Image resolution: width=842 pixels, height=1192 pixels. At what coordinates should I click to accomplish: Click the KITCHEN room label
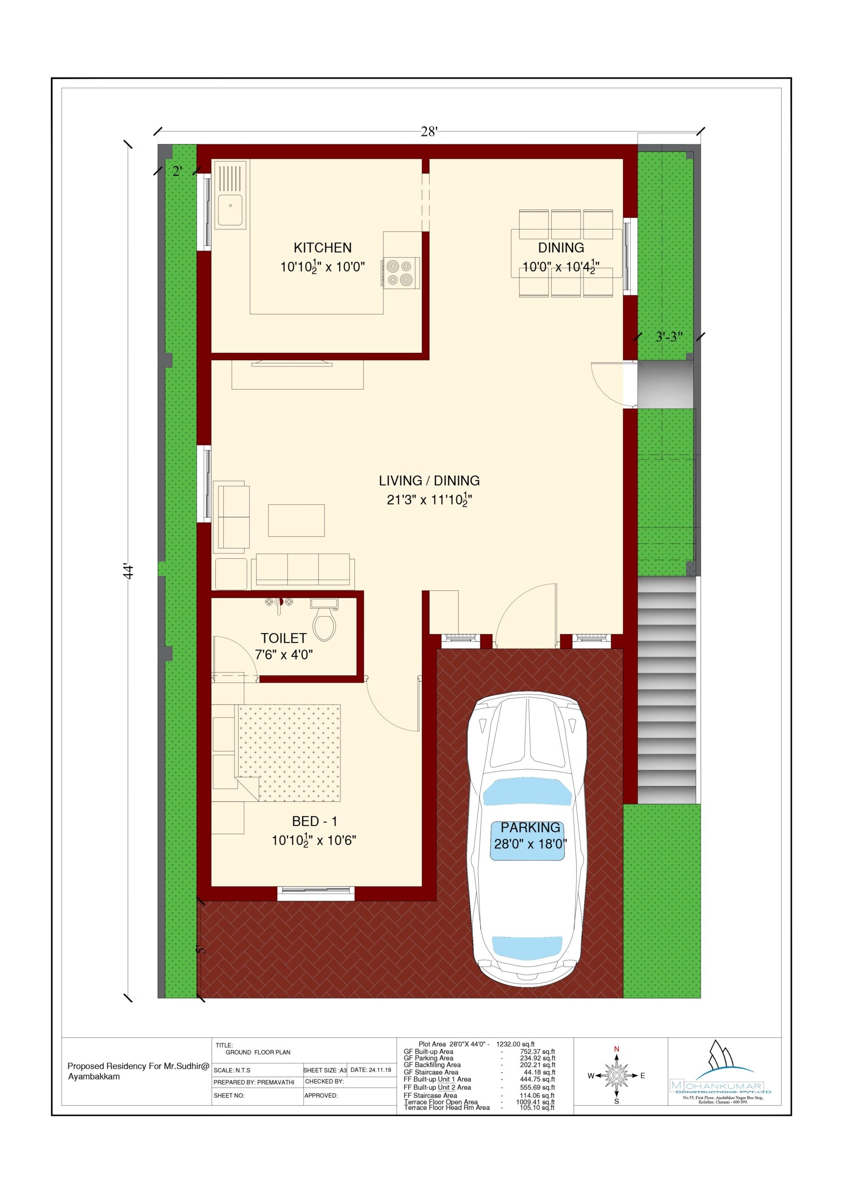tap(322, 248)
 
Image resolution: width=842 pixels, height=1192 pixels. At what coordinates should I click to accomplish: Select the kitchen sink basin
tap(230, 210)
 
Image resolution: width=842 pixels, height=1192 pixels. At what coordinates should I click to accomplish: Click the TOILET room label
tap(283, 638)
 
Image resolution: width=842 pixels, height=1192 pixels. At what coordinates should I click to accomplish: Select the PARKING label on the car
tap(530, 827)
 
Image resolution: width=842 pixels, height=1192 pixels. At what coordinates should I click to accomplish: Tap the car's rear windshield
tap(527, 947)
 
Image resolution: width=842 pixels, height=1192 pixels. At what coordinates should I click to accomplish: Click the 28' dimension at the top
tap(429, 132)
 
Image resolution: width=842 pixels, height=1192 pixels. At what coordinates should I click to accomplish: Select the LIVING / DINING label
tap(429, 481)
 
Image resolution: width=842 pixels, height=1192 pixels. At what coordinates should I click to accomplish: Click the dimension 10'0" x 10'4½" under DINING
tap(560, 267)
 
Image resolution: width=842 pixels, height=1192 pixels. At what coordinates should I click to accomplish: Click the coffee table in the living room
tap(296, 520)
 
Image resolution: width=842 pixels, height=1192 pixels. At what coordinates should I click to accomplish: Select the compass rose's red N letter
tap(616, 1049)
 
